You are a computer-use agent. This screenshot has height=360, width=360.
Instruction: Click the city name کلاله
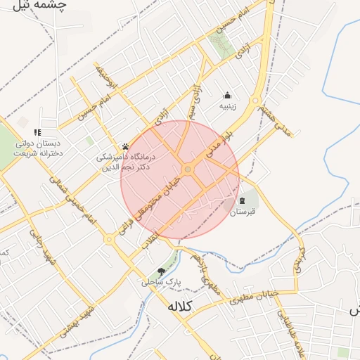[185, 307]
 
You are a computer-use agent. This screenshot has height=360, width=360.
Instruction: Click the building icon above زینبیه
[227, 96]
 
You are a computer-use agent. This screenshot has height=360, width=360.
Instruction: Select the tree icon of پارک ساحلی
[162, 271]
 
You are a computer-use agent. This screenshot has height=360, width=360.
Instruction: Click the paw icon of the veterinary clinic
[126, 146]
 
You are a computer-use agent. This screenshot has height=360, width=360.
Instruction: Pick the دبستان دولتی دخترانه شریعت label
[37, 148]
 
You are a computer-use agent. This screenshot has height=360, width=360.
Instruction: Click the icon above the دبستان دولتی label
[37, 132]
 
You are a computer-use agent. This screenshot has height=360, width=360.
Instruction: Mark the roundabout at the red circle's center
[188, 170]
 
